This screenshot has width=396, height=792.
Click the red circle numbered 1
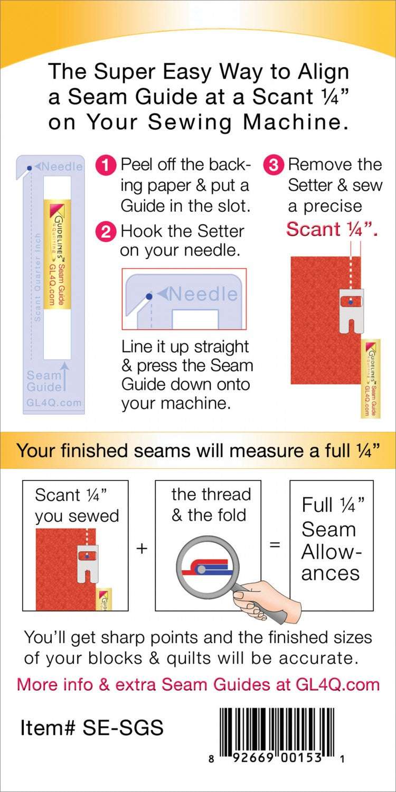point(106,165)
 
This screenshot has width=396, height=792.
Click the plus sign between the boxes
point(142,548)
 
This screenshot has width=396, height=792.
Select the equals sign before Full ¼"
point(275,544)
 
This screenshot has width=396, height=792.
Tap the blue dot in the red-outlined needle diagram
point(149,297)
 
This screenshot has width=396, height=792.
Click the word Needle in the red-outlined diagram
point(203,294)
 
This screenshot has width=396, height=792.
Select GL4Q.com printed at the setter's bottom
point(53,403)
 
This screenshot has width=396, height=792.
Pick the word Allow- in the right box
point(330,552)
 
